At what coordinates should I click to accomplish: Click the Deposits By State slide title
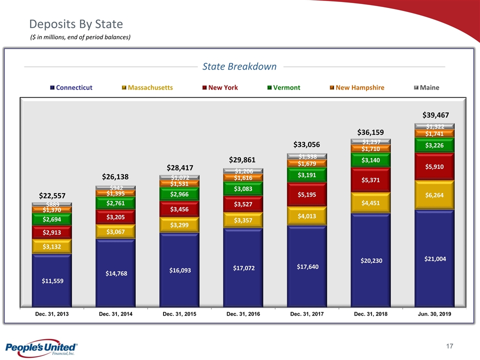pos(76,24)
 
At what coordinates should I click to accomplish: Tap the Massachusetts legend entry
pos(147,87)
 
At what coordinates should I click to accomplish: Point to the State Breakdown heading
pos(239,66)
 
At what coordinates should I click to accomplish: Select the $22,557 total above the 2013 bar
pos(52,195)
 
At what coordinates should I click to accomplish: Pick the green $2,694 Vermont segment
pos(52,219)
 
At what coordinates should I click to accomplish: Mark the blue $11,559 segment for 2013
pos(52,280)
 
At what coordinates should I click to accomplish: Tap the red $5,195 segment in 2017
pos(306,194)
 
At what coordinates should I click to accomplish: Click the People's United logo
pos(41,348)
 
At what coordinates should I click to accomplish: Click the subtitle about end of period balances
pos(81,37)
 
